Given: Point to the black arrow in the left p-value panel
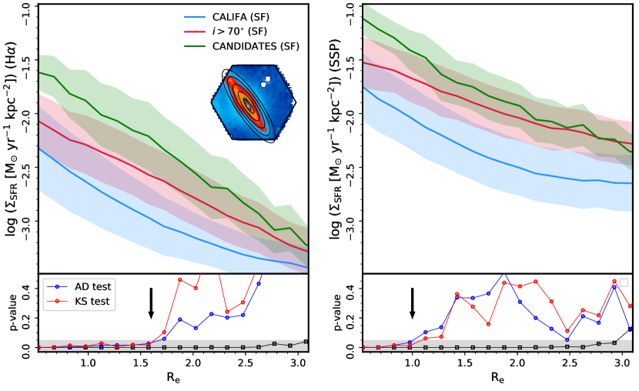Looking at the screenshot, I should click(x=151, y=303).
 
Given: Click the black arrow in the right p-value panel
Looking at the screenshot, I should click(x=413, y=303).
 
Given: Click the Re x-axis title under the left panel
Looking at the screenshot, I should click(x=174, y=379).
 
